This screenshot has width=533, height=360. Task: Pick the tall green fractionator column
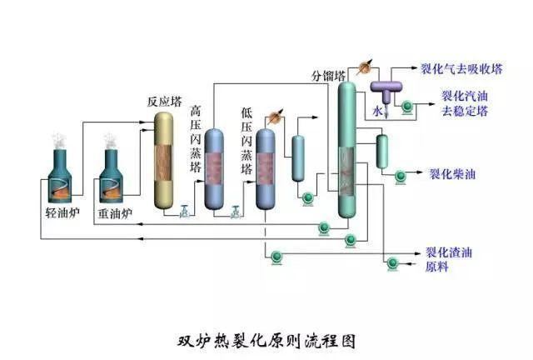(346, 150)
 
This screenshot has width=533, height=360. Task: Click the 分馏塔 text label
(327, 77)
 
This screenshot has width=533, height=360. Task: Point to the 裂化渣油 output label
(449, 252)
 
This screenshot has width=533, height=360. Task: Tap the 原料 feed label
(437, 267)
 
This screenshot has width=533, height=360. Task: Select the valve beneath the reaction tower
(184, 212)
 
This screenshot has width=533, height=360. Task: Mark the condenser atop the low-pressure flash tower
(276, 116)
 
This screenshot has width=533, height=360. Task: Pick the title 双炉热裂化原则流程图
(266, 341)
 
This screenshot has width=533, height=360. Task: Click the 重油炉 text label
(115, 213)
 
